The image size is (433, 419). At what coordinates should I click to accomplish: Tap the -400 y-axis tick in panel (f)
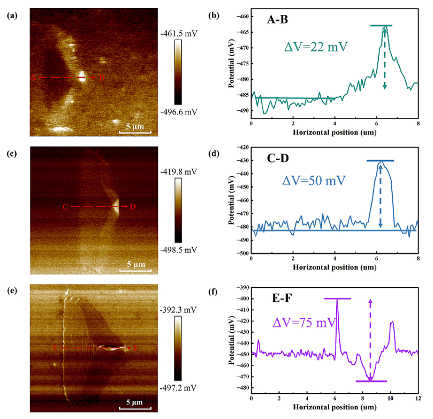click(241, 299)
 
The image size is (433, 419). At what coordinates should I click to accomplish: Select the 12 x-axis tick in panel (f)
click(417, 399)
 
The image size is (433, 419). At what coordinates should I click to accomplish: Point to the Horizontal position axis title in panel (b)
click(334, 131)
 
